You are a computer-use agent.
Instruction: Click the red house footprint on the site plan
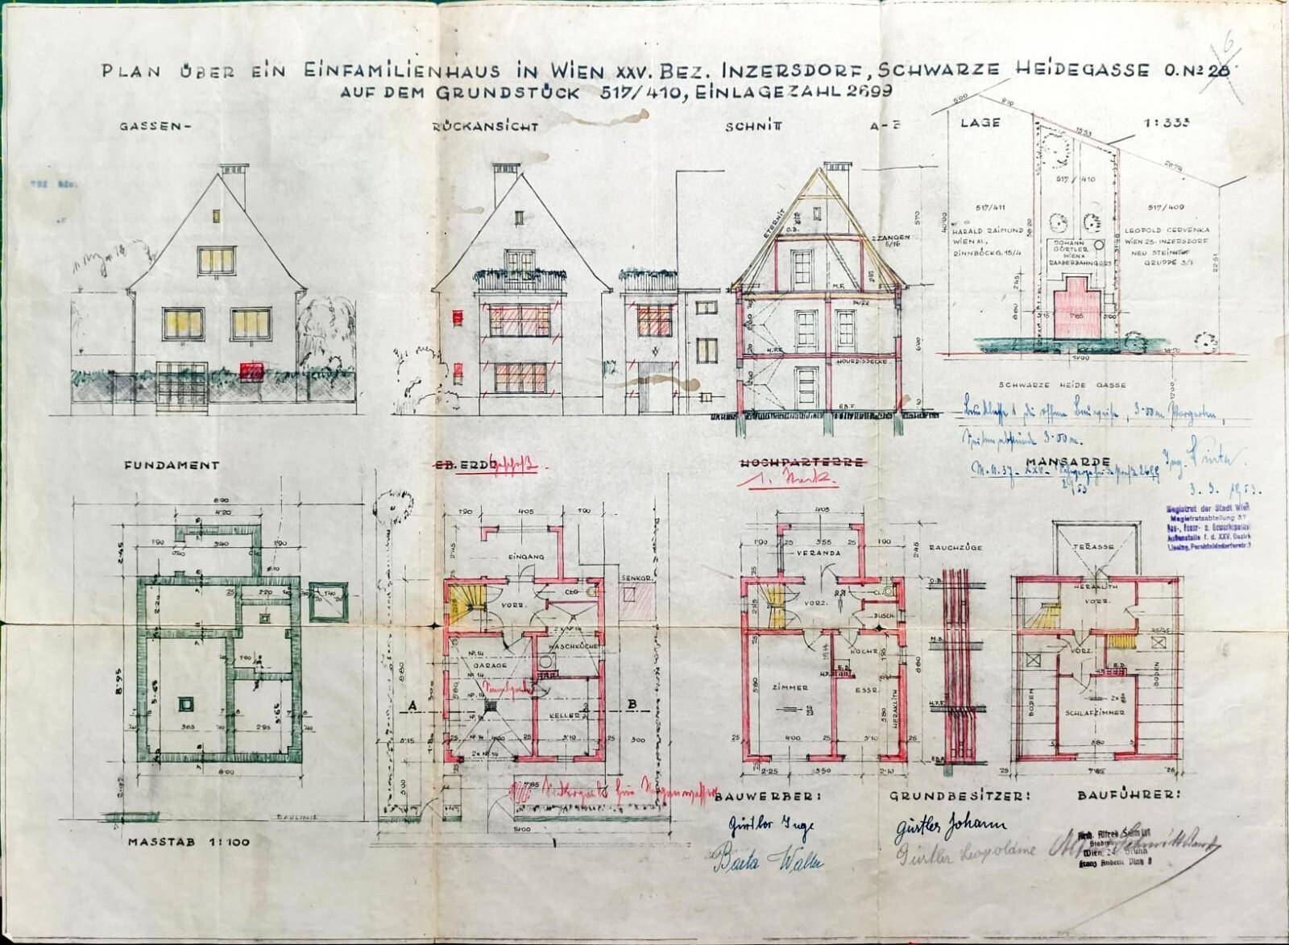pos(1073,318)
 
